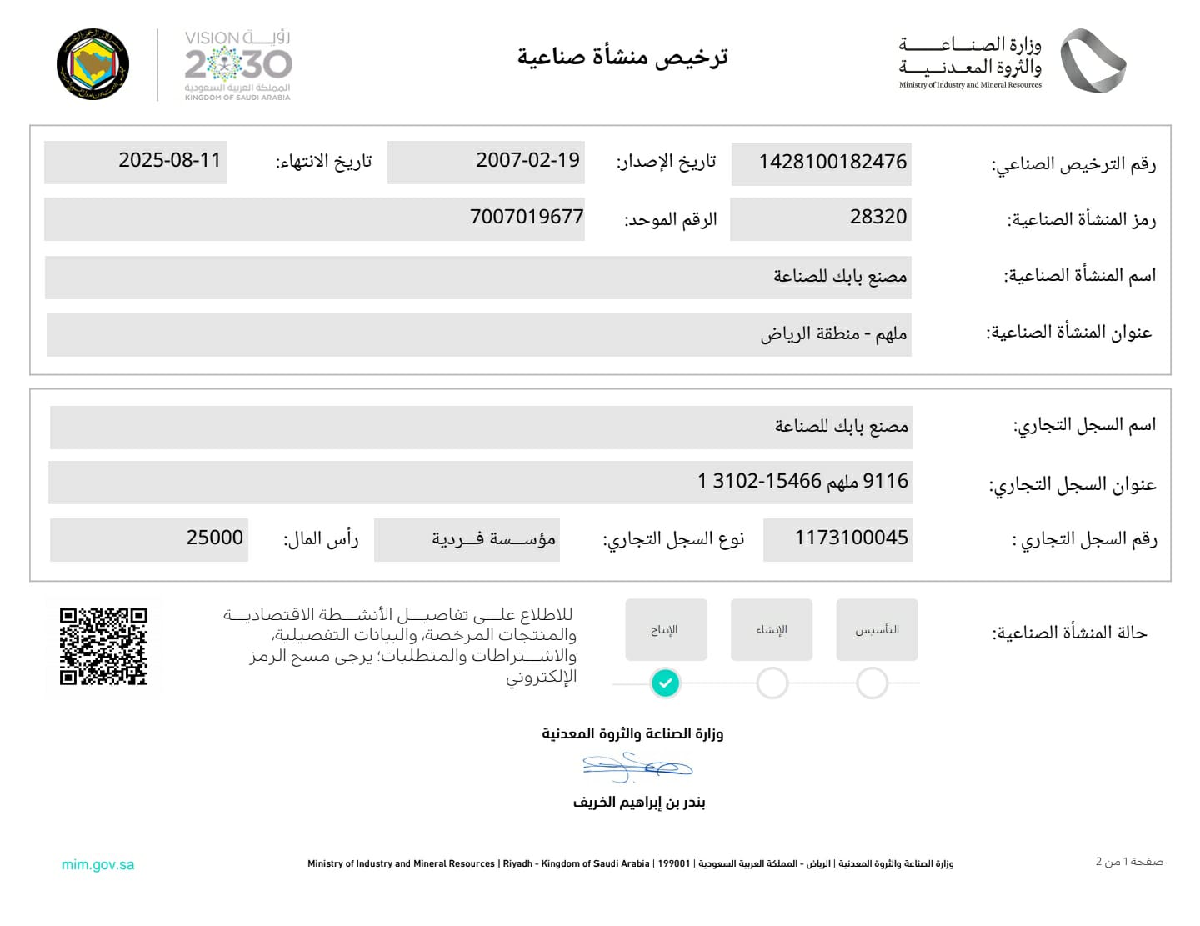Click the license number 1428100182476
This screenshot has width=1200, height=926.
pos(832,162)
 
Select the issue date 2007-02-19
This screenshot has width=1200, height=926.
pos(527,160)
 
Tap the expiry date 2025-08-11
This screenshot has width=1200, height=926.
pos(170,160)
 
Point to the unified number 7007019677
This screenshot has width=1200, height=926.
pos(527,217)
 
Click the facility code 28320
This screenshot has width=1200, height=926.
pos(877,217)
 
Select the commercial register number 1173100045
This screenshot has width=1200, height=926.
pos(851,538)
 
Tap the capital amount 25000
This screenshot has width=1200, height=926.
pos(215,538)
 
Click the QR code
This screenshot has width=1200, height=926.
pos(103,647)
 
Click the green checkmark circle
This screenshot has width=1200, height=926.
pos(665,683)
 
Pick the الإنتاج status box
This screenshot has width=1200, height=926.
pos(666,630)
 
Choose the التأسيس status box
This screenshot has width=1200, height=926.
pos(877,630)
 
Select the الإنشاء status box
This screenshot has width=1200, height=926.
pos(772,630)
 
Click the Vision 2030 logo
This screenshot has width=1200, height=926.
pos(237,65)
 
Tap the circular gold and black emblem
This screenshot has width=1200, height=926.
pos(93,65)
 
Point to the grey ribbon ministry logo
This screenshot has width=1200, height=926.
pos(1092,61)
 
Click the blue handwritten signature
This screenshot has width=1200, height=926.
pos(637,767)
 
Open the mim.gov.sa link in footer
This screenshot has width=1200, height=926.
pos(97,865)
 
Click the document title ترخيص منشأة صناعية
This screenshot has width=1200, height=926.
pos(622,57)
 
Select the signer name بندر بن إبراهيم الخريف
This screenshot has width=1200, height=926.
pos(639,803)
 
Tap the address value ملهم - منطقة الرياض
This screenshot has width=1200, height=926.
pos(833,334)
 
